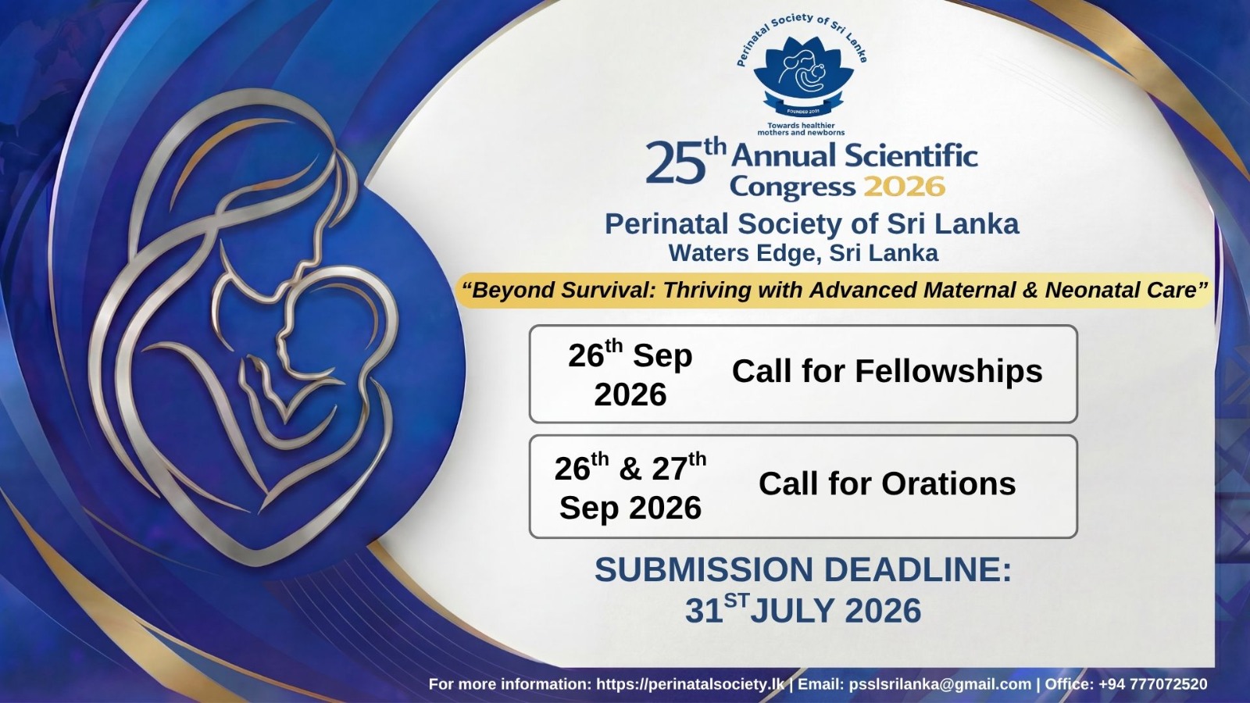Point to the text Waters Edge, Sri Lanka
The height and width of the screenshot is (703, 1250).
click(x=804, y=253)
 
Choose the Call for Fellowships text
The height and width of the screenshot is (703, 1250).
click(x=887, y=372)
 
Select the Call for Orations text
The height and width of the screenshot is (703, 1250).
click(x=887, y=484)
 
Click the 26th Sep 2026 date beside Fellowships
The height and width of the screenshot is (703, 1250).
click(x=630, y=374)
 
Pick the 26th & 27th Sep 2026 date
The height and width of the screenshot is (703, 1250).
click(x=630, y=487)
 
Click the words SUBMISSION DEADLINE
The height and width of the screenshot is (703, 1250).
click(x=803, y=569)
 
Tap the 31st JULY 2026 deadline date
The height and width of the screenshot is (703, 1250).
click(x=803, y=610)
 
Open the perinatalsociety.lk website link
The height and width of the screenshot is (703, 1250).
click(x=691, y=684)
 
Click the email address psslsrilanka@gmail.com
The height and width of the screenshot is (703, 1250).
click(x=941, y=684)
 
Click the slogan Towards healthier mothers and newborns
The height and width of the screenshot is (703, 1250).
click(x=801, y=129)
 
